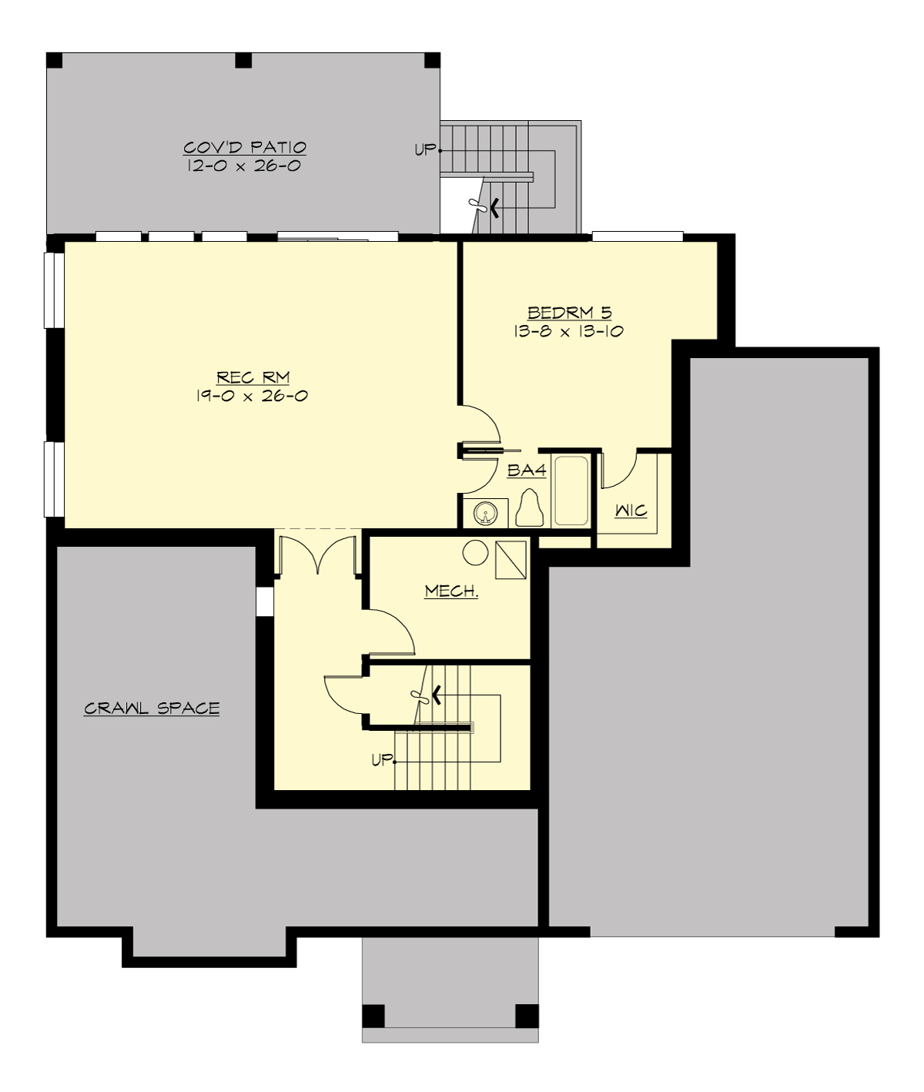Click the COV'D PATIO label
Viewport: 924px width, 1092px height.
pos(245,147)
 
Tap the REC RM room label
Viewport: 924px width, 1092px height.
pos(253,377)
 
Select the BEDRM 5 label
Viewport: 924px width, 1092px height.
pos(569,313)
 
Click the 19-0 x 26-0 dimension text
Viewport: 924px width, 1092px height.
pos(253,396)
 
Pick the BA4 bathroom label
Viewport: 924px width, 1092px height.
pos(527,470)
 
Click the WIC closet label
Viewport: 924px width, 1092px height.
pos(631,511)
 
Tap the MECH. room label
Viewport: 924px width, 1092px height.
pos(451,591)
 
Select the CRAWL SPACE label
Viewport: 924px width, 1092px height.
pos(152,708)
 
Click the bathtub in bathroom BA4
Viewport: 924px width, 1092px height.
pos(571,491)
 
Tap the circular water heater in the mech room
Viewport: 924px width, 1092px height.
pos(475,553)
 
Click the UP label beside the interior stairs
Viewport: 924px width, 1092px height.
pos(382,760)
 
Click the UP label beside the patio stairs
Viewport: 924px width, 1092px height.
pos(425,150)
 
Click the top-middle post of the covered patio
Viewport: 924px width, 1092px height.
pos(243,60)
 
